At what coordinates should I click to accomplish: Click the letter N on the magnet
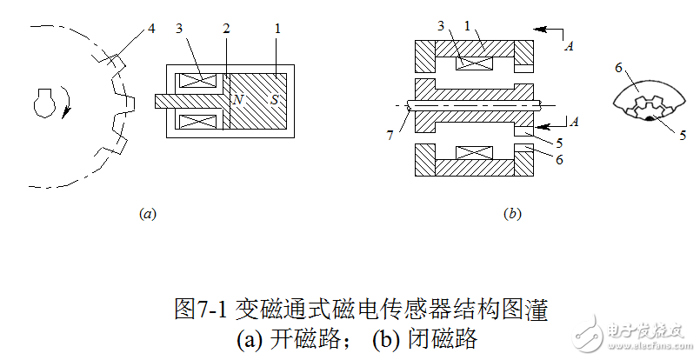(237, 100)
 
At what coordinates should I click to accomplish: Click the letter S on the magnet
(276, 100)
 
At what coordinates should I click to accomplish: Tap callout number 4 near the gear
(151, 28)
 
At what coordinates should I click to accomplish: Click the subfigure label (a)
(147, 212)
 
